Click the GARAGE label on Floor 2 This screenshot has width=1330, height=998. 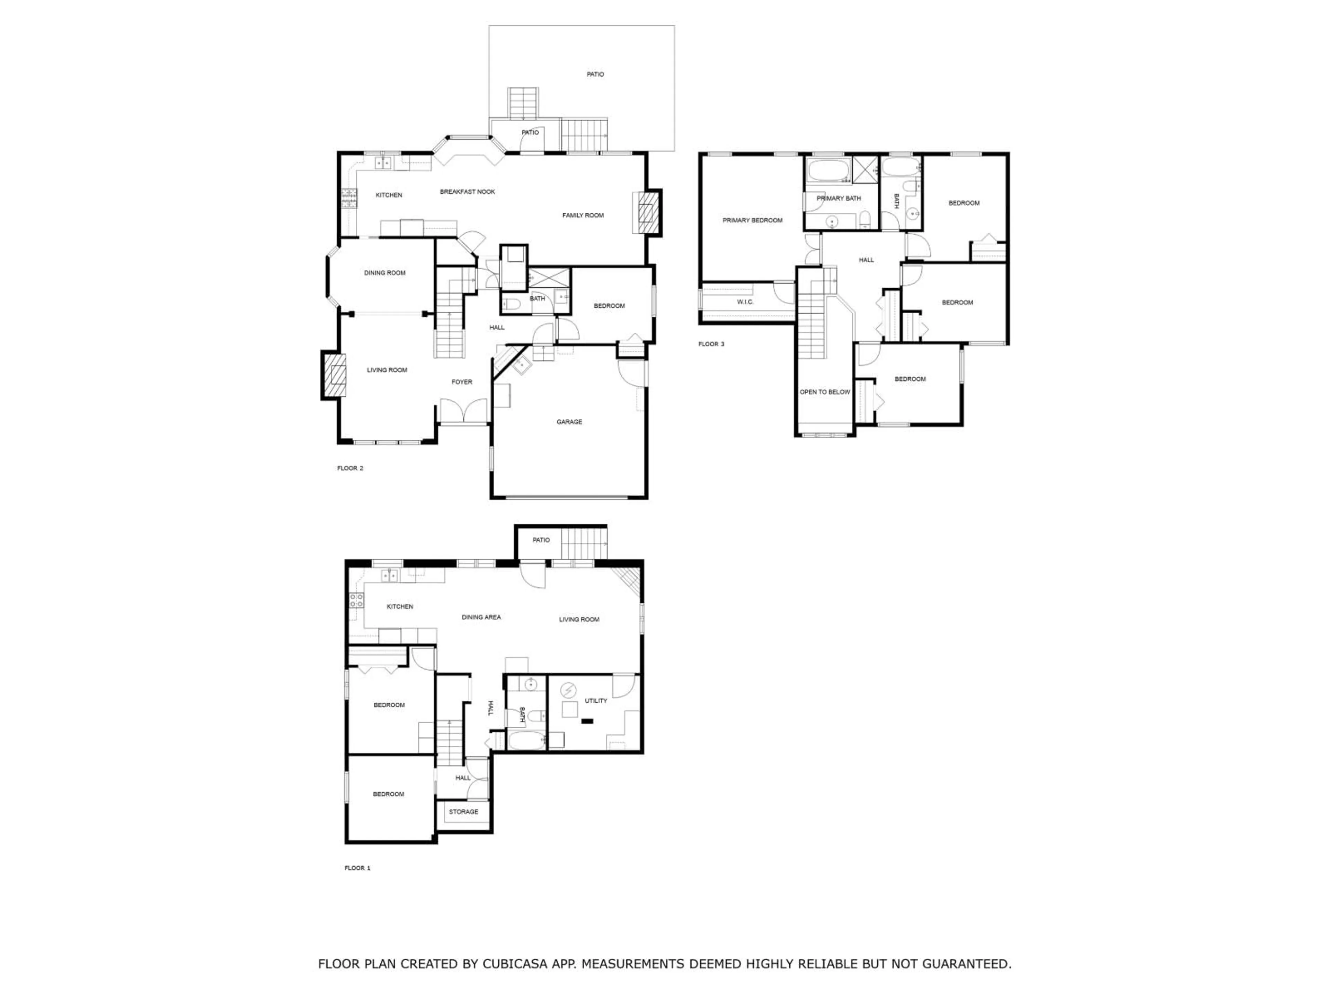coord(569,422)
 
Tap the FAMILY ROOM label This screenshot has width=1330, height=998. coord(583,215)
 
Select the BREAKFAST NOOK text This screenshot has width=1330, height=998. coord(467,192)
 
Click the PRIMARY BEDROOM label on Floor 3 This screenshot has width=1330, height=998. coord(752,220)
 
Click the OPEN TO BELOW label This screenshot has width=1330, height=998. coord(824,392)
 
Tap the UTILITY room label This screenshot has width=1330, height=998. coord(595,701)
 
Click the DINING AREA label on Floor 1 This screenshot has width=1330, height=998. coord(481,617)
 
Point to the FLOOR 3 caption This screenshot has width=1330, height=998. coord(711,344)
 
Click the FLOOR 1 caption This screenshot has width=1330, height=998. coord(357,868)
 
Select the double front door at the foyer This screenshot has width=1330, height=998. coord(463,411)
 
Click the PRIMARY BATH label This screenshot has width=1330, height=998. coord(838,199)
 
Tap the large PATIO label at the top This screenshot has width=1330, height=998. coord(595,75)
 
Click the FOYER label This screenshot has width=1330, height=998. coord(462,382)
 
